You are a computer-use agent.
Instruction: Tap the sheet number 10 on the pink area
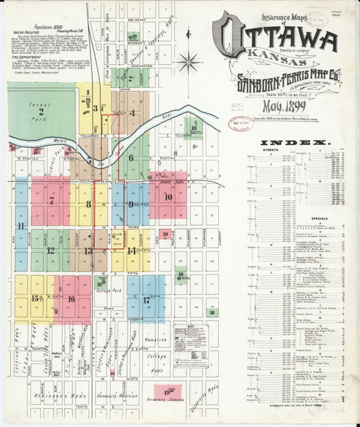pos(168,197)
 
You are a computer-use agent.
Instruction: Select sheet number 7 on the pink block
pos(51,201)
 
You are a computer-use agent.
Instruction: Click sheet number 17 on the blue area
pos(146,300)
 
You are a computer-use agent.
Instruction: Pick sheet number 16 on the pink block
pos(71,299)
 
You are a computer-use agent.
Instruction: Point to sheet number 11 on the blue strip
pos(21,226)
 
